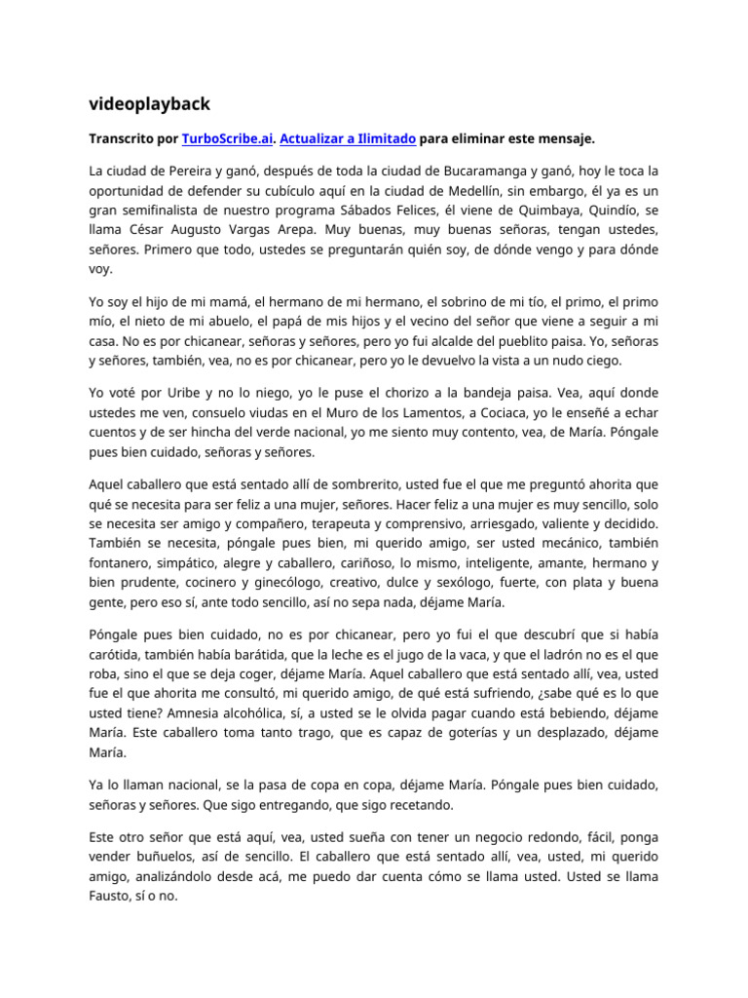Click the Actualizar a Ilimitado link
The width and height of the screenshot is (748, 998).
(348, 138)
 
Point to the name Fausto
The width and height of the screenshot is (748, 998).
(111, 896)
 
